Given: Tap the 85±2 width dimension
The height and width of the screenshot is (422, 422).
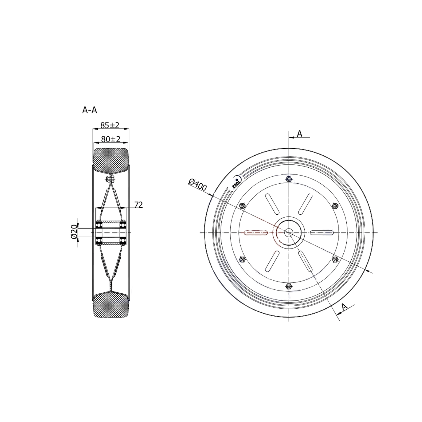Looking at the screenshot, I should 110,125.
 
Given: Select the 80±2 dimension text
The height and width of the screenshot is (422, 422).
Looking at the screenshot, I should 110,139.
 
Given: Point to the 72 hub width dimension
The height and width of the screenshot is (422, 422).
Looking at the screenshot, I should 139,205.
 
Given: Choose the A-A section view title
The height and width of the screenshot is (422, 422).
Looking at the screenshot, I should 89,110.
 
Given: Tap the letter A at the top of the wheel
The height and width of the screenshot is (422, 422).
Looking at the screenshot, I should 299,134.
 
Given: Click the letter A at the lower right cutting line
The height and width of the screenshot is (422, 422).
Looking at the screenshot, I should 344,307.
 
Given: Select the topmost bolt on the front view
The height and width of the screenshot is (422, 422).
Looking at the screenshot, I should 289,179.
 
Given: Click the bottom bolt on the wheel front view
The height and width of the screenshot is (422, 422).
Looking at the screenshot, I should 289,286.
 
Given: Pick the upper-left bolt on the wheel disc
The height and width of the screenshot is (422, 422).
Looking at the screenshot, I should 242,206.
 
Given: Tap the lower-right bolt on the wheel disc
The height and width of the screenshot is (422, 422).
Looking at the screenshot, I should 335,259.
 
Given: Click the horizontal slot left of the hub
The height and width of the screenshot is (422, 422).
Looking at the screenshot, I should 256,232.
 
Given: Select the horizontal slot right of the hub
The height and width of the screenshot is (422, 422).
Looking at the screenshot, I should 322,232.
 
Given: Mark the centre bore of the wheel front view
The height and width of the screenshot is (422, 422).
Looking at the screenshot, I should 289,232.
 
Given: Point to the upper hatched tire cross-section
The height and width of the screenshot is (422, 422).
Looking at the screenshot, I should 110,160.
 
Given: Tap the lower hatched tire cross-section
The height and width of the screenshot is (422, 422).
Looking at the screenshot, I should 110,305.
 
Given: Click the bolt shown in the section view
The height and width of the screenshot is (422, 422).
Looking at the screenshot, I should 110,178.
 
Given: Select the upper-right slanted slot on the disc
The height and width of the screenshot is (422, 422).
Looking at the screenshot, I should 305,204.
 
